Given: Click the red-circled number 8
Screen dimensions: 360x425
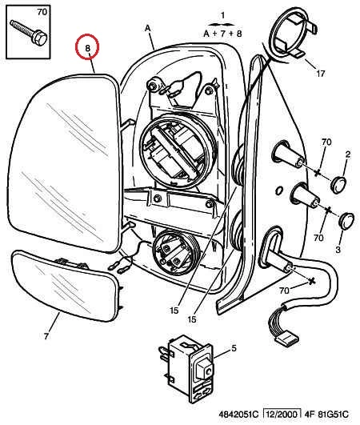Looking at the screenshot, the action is pyautogui.click(x=87, y=48).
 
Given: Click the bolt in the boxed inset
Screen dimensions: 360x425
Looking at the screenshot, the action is pyautogui.click(x=29, y=32).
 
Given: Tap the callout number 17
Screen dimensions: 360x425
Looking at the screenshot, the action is pyautogui.click(x=321, y=74).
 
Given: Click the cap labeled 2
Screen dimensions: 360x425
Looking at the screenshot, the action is pyautogui.click(x=339, y=185).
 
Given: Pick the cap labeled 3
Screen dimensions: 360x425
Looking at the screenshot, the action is pyautogui.click(x=346, y=221).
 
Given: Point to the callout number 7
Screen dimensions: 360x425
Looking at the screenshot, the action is pyautogui.click(x=46, y=336).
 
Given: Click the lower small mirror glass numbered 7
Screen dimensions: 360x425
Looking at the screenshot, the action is pyautogui.click(x=65, y=286).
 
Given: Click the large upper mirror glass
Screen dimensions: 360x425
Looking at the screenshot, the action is pyautogui.click(x=64, y=163).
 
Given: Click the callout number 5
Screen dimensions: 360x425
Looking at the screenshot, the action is pyautogui.click(x=234, y=348).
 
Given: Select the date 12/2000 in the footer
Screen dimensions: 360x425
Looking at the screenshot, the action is pyautogui.click(x=282, y=415).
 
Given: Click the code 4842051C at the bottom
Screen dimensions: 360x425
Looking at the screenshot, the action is pyautogui.click(x=238, y=415).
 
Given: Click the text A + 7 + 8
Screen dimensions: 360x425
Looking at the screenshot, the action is pyautogui.click(x=222, y=34).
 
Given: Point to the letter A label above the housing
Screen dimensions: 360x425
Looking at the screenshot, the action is pyautogui.click(x=148, y=28).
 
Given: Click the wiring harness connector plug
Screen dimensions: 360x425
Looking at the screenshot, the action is pyautogui.click(x=287, y=339).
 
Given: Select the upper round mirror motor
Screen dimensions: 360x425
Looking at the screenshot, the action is pyautogui.click(x=178, y=151).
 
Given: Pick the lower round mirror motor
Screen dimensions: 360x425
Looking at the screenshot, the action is pyautogui.click(x=175, y=252).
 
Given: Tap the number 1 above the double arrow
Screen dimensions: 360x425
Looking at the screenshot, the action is pyautogui.click(x=222, y=15).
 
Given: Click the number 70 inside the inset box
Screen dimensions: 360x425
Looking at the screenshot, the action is pyautogui.click(x=42, y=12).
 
